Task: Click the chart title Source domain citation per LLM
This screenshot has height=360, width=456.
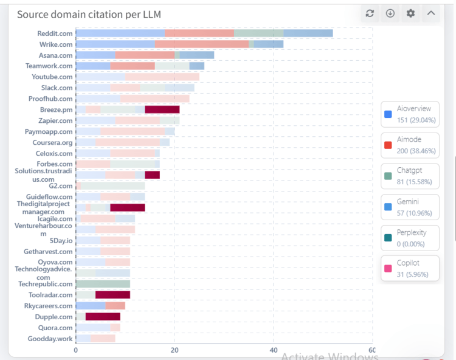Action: [x=89, y=14]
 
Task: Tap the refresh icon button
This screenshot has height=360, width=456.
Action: [x=370, y=13]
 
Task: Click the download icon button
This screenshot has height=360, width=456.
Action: [x=390, y=13]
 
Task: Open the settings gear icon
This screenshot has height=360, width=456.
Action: [x=410, y=13]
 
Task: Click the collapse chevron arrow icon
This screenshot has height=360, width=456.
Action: [x=431, y=13]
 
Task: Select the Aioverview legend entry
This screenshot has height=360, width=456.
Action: [x=410, y=114]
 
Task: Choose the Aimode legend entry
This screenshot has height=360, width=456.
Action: [x=410, y=145]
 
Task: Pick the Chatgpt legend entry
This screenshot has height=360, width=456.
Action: [x=410, y=176]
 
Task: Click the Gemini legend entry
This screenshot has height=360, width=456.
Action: [x=410, y=207]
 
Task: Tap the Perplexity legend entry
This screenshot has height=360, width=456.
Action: [x=410, y=238]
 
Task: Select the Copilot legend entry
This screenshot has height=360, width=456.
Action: [x=410, y=268]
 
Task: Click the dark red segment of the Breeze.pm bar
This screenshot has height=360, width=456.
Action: [x=162, y=109]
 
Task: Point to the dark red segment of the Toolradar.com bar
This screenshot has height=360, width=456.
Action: [x=112, y=295]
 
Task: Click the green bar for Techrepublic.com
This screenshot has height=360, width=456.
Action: [x=103, y=284]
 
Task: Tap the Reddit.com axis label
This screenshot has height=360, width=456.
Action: [x=55, y=33]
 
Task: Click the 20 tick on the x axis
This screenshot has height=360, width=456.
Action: [x=174, y=350]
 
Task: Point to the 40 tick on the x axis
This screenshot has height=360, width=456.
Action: [x=274, y=350]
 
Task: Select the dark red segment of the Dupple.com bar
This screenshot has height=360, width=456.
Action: [x=103, y=317]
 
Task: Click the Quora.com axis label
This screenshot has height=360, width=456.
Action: [x=55, y=328]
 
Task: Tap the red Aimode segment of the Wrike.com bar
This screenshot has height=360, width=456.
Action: [x=202, y=44]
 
